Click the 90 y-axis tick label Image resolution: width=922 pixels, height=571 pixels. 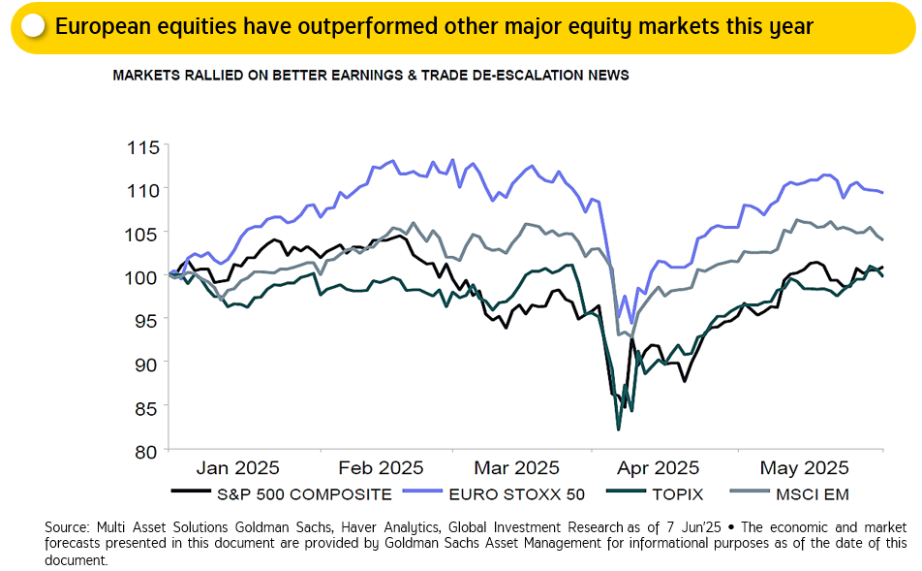point(145,362)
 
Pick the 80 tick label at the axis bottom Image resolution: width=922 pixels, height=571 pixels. point(145,451)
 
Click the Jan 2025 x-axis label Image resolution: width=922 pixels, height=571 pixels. point(238,467)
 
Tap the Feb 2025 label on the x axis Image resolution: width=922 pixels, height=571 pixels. point(381,467)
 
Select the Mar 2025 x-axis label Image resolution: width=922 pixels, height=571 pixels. point(518,467)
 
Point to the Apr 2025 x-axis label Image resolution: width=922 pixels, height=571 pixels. point(658,467)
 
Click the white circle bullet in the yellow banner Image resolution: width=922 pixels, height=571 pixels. point(33,25)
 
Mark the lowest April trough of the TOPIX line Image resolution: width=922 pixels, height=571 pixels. point(618,428)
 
